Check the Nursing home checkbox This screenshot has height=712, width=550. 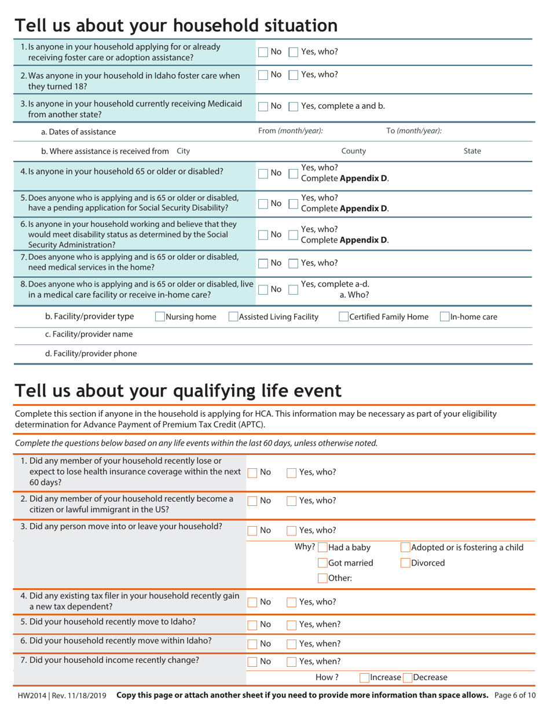[160, 317]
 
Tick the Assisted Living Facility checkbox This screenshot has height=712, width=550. [233, 317]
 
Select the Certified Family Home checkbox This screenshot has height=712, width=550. [343, 317]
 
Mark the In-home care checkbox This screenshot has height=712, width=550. [445, 317]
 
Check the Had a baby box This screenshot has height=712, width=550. [322, 548]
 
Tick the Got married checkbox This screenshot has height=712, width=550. [322, 563]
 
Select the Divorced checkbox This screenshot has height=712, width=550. [405, 563]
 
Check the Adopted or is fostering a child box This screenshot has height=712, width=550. [405, 548]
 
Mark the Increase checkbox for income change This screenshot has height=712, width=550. [364, 677]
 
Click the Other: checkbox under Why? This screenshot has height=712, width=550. [322, 578]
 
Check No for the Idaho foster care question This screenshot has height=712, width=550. [263, 75]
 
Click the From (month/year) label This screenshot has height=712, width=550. [290, 131]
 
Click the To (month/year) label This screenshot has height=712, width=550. [414, 131]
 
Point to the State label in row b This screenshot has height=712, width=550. [472, 151]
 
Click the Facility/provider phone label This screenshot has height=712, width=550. [91, 354]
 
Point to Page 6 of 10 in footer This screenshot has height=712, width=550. [515, 695]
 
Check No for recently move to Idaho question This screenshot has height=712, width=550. [252, 625]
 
